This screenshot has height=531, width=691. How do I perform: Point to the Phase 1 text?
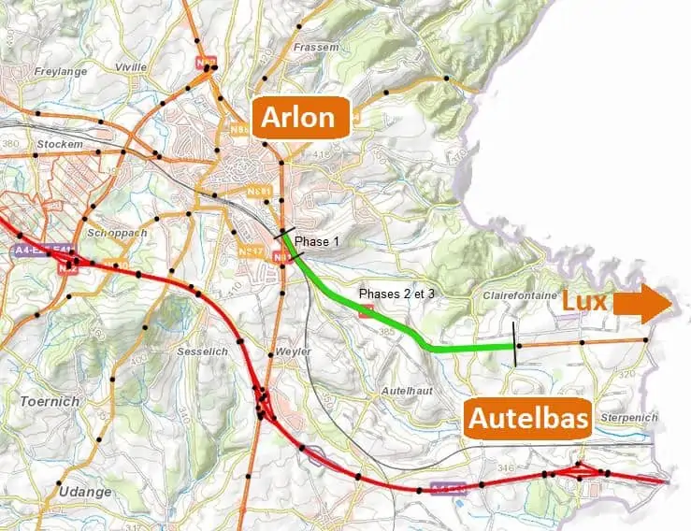[x=318, y=242]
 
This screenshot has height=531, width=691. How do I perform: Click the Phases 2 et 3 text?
[x=397, y=294]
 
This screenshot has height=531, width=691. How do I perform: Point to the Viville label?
[x=131, y=67]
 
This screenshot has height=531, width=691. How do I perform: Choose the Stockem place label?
[x=60, y=145]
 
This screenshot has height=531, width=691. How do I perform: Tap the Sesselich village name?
[x=199, y=352]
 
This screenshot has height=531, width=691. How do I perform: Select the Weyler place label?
[x=293, y=352]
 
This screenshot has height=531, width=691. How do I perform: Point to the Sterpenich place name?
[x=631, y=417]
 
